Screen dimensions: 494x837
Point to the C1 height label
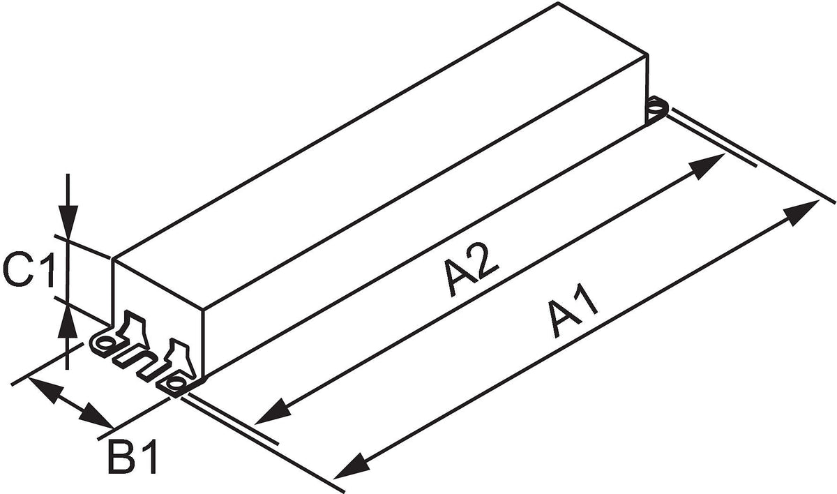(x=29, y=271)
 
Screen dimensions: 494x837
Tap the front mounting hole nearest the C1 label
(x=105, y=342)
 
